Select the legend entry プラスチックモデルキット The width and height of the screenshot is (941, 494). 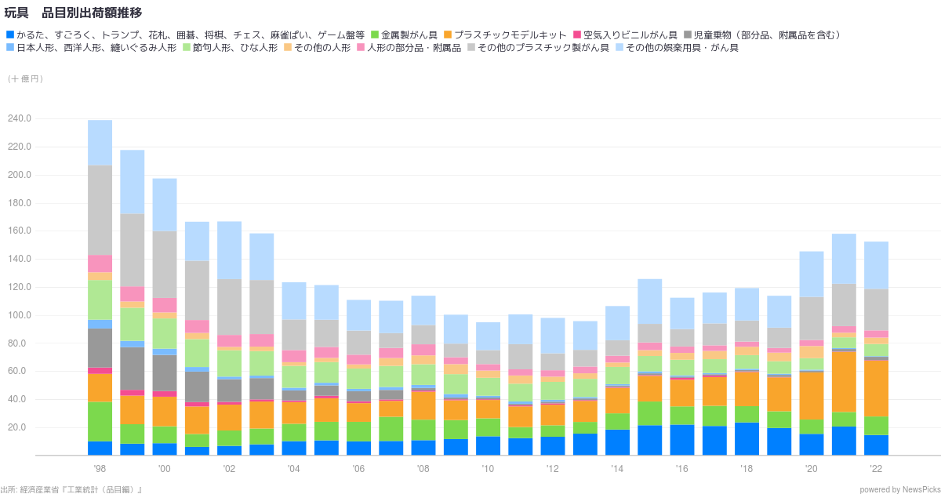[x=510, y=35]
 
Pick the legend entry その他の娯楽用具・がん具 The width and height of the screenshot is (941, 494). [x=681, y=48]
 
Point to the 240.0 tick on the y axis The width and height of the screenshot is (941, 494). [x=19, y=118]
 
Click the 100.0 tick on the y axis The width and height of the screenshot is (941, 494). [x=19, y=315]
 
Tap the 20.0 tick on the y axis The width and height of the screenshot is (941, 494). [x=20, y=427]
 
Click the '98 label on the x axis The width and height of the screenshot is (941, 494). [x=100, y=468]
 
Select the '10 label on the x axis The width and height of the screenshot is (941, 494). [x=488, y=468]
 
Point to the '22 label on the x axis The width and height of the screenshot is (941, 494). [x=876, y=468]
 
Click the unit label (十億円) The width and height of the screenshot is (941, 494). [x=26, y=78]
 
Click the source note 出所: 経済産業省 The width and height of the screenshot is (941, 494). [x=71, y=489]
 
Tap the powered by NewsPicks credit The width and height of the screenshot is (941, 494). [x=899, y=489]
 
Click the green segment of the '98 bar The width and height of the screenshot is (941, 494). [x=100, y=422]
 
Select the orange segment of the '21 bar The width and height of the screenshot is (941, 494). [x=844, y=382]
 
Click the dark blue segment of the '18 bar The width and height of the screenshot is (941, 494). [x=747, y=439]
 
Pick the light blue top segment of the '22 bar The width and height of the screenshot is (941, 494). [x=876, y=265]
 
